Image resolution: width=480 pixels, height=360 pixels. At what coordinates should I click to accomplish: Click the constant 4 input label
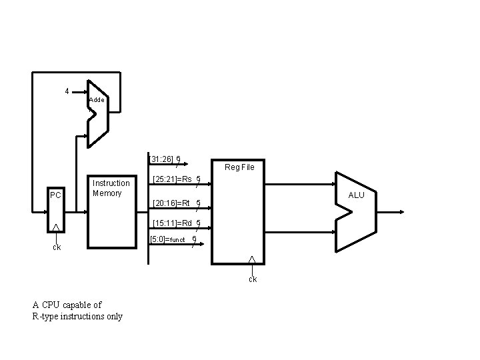click(x=67, y=91)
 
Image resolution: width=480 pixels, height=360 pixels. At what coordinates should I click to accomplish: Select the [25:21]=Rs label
click(x=172, y=179)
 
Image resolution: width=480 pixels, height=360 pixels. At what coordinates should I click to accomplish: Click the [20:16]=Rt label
click(x=171, y=203)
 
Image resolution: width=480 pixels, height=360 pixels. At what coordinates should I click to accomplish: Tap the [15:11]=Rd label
click(x=172, y=223)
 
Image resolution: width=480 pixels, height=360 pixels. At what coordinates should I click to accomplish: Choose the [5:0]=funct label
click(x=168, y=239)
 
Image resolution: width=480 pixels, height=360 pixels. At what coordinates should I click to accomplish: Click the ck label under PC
click(x=57, y=247)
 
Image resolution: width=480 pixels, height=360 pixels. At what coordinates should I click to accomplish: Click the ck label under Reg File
click(x=253, y=279)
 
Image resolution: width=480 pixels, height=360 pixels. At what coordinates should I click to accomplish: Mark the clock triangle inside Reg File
click(x=252, y=259)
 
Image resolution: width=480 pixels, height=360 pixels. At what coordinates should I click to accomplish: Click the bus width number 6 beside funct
click(x=193, y=239)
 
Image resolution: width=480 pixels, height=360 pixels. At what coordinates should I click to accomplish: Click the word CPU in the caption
click(x=51, y=305)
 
